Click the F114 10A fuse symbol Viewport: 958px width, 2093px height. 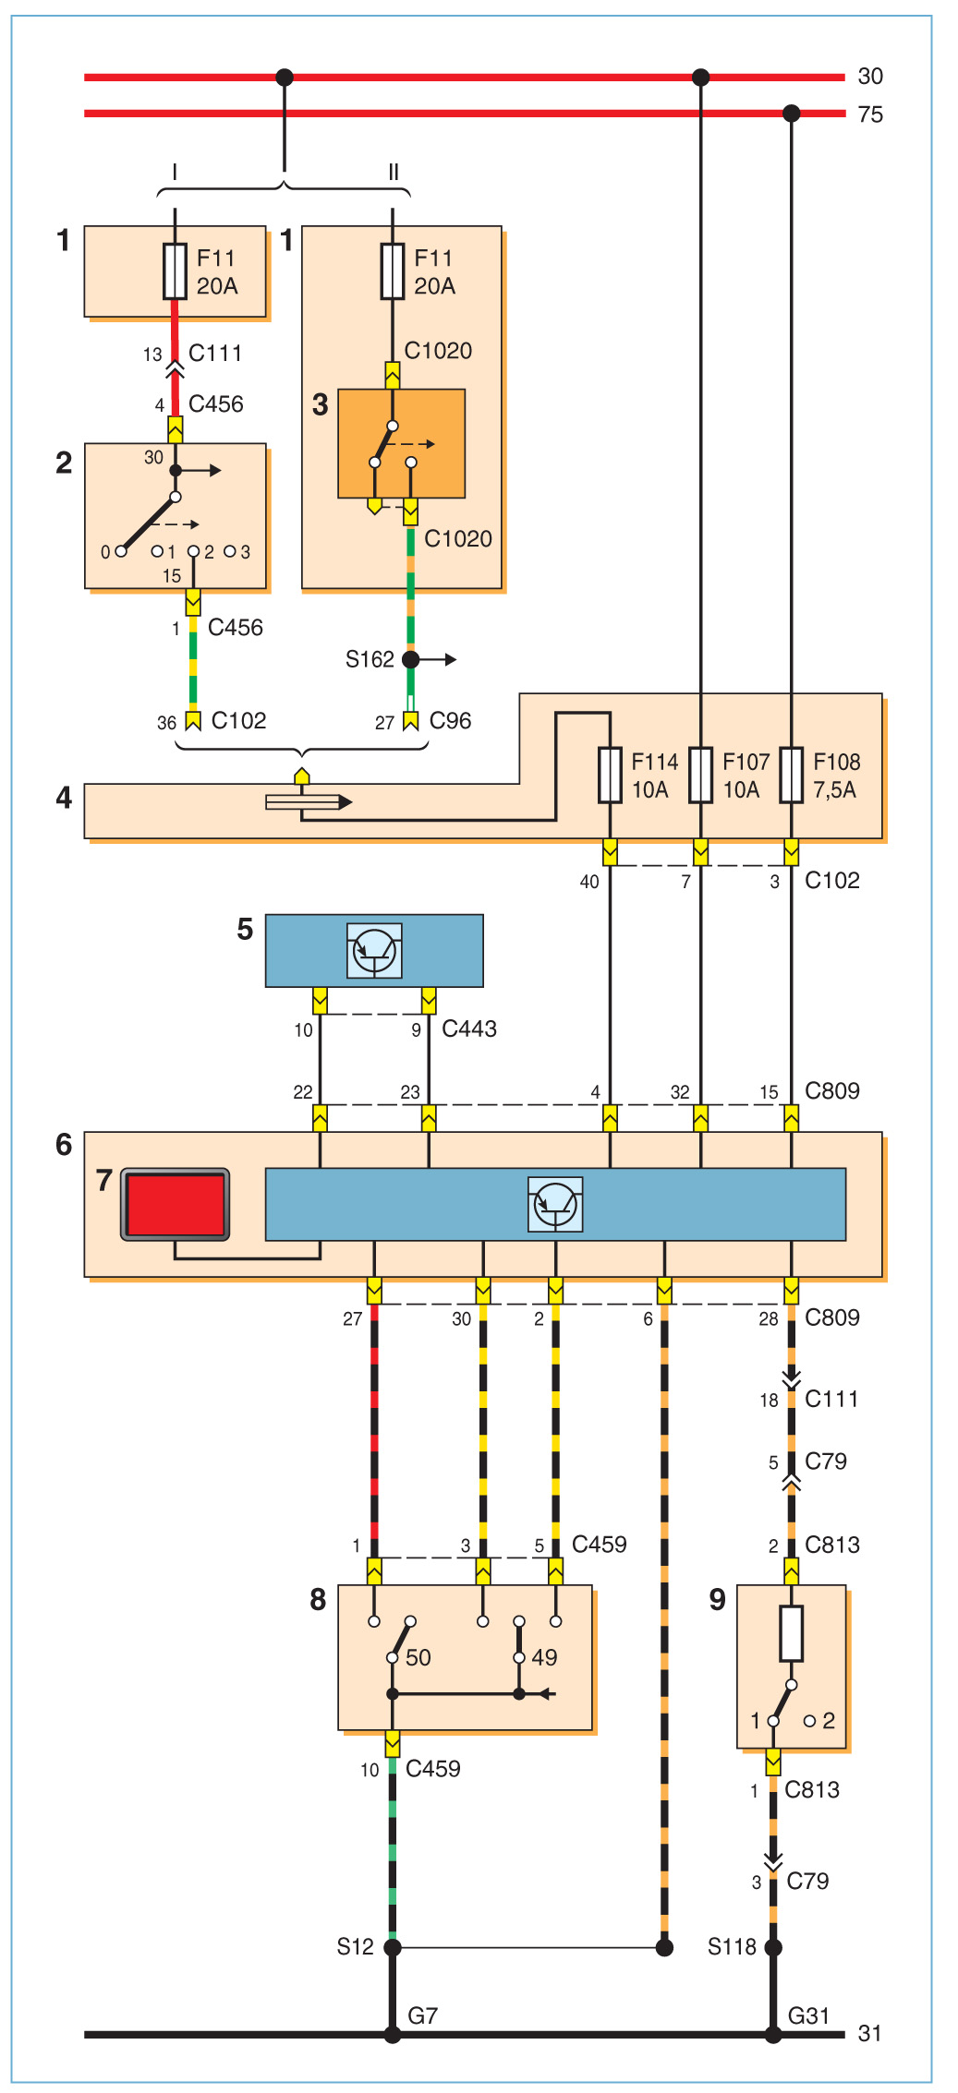pyautogui.click(x=610, y=775)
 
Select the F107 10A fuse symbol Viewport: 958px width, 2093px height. pyautogui.click(x=700, y=775)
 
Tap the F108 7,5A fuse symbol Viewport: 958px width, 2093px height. pyautogui.click(x=791, y=775)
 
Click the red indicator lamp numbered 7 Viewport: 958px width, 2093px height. pyautogui.click(x=176, y=1205)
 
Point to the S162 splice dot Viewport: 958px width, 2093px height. pyautogui.click(x=410, y=659)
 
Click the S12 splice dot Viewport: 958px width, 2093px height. pyautogui.click(x=393, y=1948)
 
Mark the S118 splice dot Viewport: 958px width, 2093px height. pyautogui.click(x=773, y=1948)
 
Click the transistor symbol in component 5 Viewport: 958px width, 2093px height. pyautogui.click(x=374, y=950)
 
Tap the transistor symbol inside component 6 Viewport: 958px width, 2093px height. pyautogui.click(x=555, y=1204)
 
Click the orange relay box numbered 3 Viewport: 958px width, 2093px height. pyautogui.click(x=401, y=443)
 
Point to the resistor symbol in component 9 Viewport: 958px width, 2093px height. pyautogui.click(x=791, y=1633)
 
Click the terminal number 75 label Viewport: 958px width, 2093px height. pyautogui.click(x=870, y=114)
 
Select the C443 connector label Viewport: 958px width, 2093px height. pyautogui.click(x=469, y=1028)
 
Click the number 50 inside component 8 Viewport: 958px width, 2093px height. pyautogui.click(x=418, y=1657)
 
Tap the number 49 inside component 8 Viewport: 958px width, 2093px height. pyautogui.click(x=544, y=1657)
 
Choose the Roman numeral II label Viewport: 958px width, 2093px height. pyautogui.click(x=394, y=173)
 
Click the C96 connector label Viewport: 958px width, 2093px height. pyautogui.click(x=450, y=721)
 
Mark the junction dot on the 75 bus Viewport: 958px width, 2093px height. pyautogui.click(x=791, y=114)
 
